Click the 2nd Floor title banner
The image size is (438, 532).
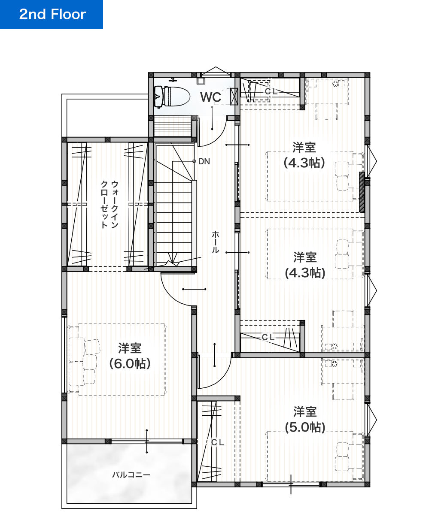[x=51, y=15]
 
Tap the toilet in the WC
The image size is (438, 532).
[x=172, y=97]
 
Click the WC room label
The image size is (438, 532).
[x=210, y=97]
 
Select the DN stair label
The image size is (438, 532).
[x=204, y=161]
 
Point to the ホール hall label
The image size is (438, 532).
[x=215, y=242]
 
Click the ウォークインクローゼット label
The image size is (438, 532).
[x=109, y=204]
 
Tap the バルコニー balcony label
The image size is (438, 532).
[x=131, y=475]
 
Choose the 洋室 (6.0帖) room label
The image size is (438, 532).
[x=130, y=356]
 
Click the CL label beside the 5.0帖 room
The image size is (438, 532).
[x=217, y=442]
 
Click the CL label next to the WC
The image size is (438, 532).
[x=271, y=91]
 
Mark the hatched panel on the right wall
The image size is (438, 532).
[x=362, y=192]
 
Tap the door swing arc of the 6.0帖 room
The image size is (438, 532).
[x=169, y=295]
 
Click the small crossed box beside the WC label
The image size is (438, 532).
[x=234, y=97]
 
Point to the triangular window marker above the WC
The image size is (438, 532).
[x=216, y=71]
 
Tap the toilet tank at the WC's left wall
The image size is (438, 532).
[x=158, y=97]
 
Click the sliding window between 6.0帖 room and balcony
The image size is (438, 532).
[x=147, y=441]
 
